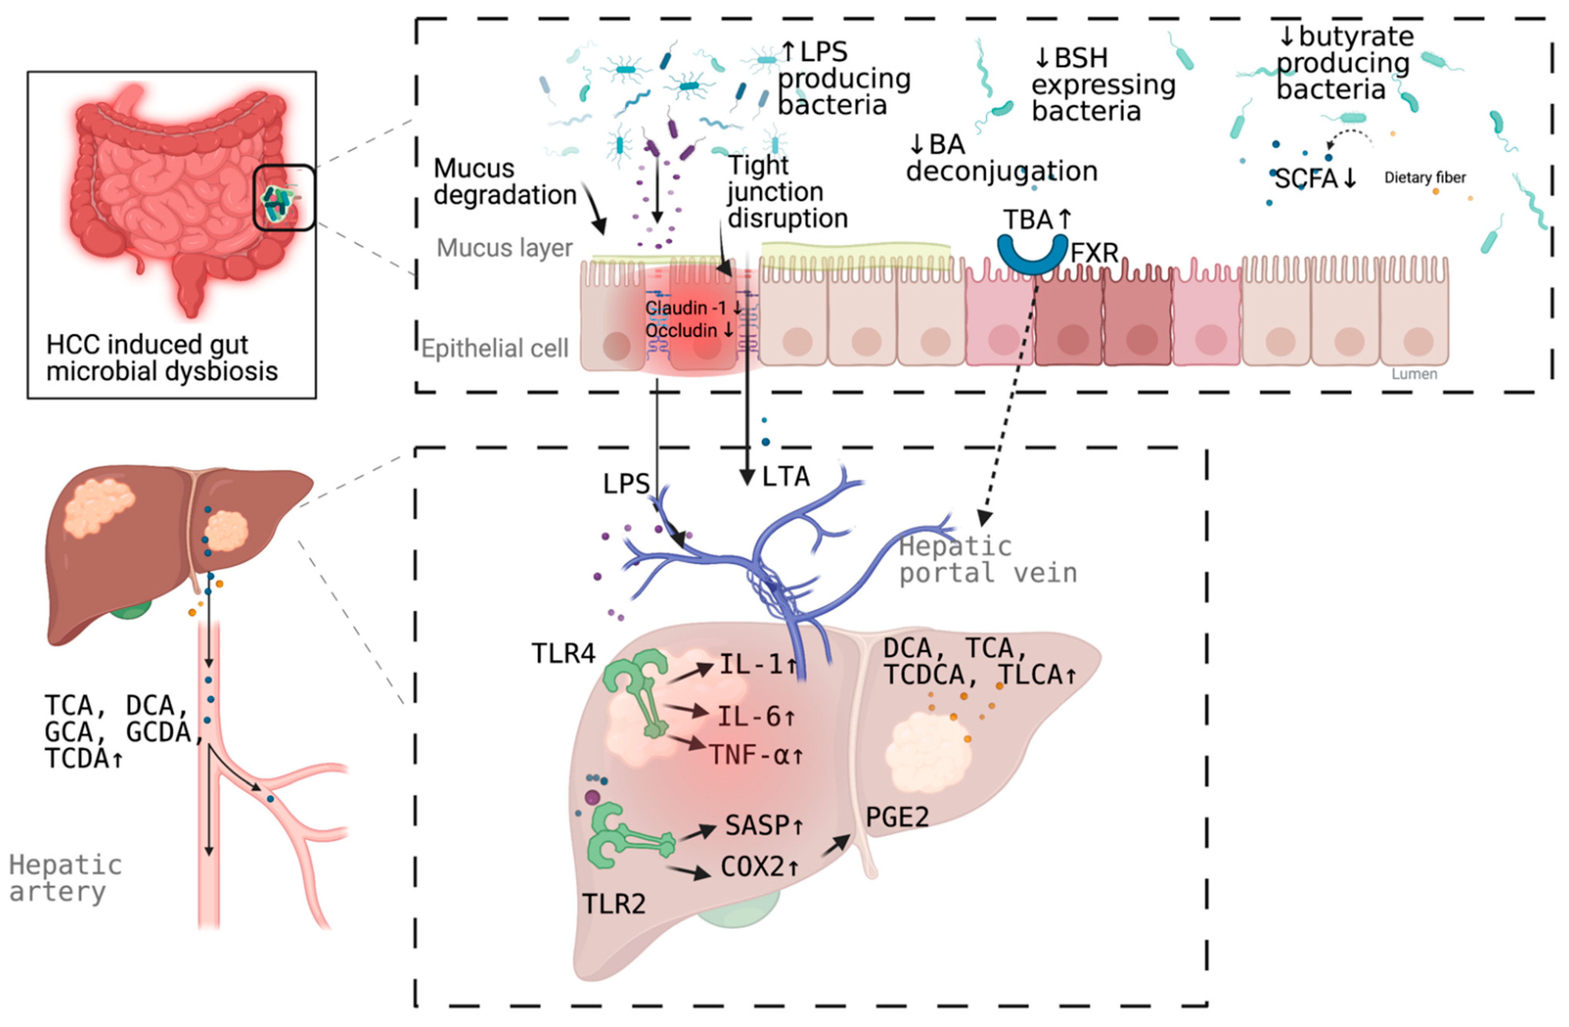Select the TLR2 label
click(x=614, y=904)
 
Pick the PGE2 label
click(x=897, y=817)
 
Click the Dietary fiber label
click(x=1425, y=177)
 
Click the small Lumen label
click(x=1414, y=374)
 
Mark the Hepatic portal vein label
click(x=987, y=560)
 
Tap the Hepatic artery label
click(x=65, y=878)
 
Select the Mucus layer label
click(x=504, y=248)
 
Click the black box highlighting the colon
click(x=284, y=198)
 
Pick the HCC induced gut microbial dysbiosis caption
click(x=161, y=358)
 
